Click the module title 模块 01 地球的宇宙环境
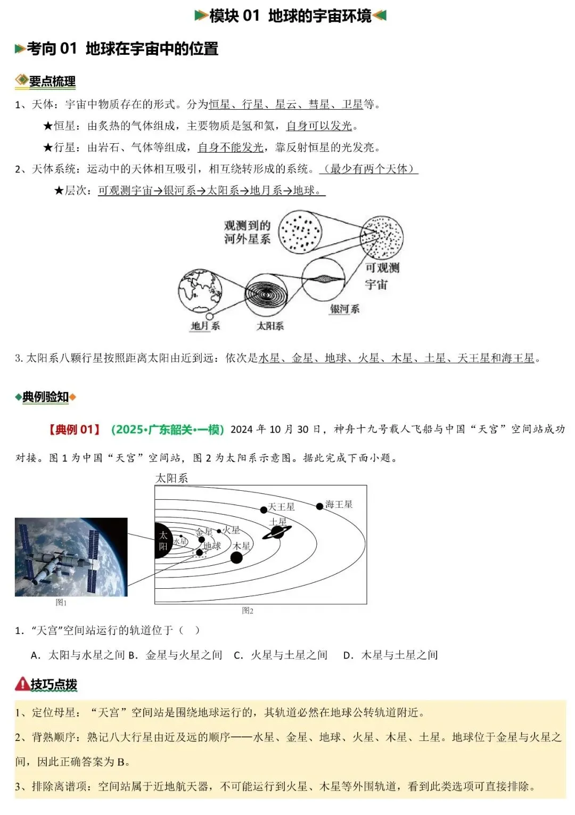(x=290, y=16)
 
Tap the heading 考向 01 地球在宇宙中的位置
(x=122, y=49)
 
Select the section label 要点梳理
(x=52, y=81)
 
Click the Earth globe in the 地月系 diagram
(x=200, y=291)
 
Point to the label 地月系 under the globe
(x=205, y=326)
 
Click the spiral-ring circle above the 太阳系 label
(x=266, y=294)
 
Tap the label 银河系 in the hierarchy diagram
(x=344, y=309)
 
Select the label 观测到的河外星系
(x=247, y=233)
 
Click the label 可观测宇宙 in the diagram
(x=381, y=276)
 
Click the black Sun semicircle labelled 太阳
(x=163, y=541)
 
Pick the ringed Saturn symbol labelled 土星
(x=277, y=532)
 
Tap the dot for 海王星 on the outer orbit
(x=319, y=506)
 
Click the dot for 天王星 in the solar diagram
(x=264, y=510)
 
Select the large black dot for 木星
(x=236, y=557)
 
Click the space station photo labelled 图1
(x=71, y=557)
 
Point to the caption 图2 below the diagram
(x=248, y=611)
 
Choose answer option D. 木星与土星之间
(x=391, y=655)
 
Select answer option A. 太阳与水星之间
(x=78, y=655)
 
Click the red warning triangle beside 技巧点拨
(x=22, y=684)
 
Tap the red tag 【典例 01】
(x=75, y=430)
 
